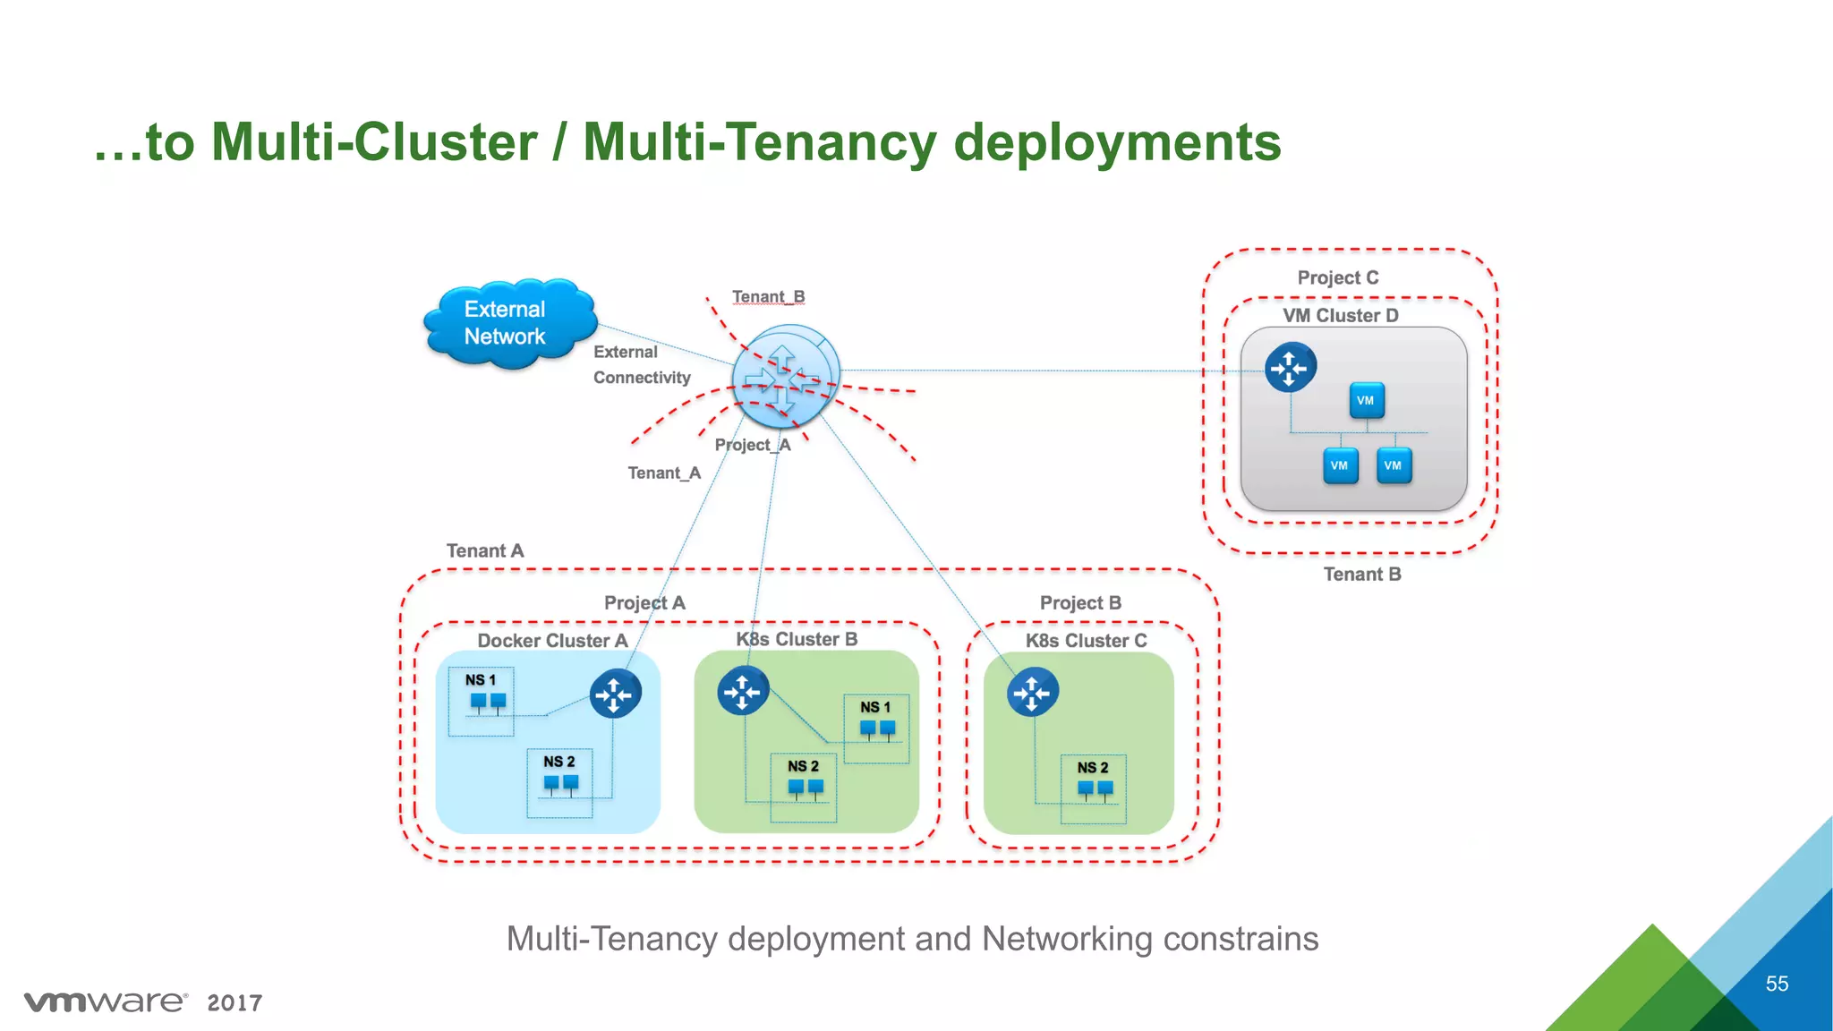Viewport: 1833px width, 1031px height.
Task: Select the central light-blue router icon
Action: pos(785,376)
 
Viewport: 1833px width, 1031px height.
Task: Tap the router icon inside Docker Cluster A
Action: pos(615,694)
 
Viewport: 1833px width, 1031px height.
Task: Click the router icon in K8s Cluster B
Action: pos(743,691)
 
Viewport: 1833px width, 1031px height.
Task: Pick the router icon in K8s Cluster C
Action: pos(1032,692)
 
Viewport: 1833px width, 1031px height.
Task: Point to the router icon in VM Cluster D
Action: pos(1290,367)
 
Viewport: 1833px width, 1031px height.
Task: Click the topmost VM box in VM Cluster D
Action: pos(1366,400)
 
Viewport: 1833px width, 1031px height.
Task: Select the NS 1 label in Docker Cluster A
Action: pos(480,680)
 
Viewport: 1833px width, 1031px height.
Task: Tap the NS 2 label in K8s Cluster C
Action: pos(1092,768)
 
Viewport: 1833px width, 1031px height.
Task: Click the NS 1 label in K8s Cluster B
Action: pos(875,707)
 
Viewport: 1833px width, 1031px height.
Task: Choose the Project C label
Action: pos(1338,278)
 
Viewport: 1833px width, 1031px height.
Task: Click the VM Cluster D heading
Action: pos(1340,316)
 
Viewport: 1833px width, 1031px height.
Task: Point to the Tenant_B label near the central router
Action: pos(768,297)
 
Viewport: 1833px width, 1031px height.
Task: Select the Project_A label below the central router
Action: pos(753,445)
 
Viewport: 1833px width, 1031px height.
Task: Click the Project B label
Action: pos(1080,603)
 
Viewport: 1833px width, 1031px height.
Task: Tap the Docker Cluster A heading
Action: pos(552,641)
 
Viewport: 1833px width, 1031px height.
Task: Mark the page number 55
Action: pos(1777,984)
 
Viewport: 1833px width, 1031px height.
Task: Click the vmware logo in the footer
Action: pos(106,1001)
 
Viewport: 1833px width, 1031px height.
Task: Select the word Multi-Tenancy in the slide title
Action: pos(759,142)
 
